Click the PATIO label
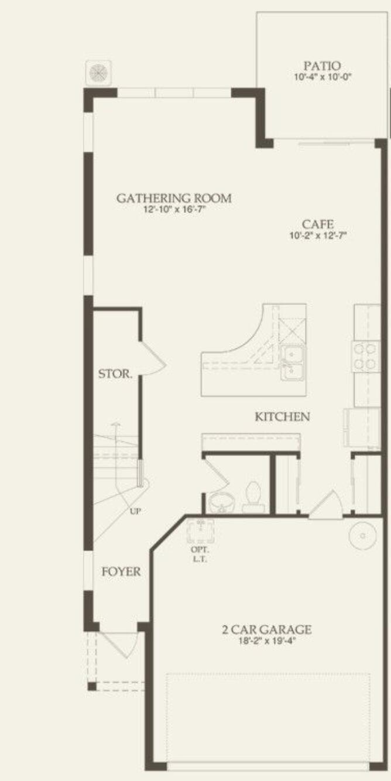tap(322, 66)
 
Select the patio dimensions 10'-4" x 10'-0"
tap(322, 77)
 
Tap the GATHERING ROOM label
tap(174, 198)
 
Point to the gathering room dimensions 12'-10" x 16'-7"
tap(174, 209)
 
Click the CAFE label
tap(318, 224)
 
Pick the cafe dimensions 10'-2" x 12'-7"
tap(318, 235)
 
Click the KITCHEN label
tap(282, 417)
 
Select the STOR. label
tap(115, 374)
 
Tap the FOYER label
tap(121, 571)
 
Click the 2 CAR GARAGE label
tap(266, 630)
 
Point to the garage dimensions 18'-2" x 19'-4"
tap(266, 641)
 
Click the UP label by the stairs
tap(135, 511)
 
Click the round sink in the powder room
tap(221, 502)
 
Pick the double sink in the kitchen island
tap(292, 362)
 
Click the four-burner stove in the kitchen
tap(366, 356)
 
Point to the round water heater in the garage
tap(362, 535)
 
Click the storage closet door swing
tap(153, 358)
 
